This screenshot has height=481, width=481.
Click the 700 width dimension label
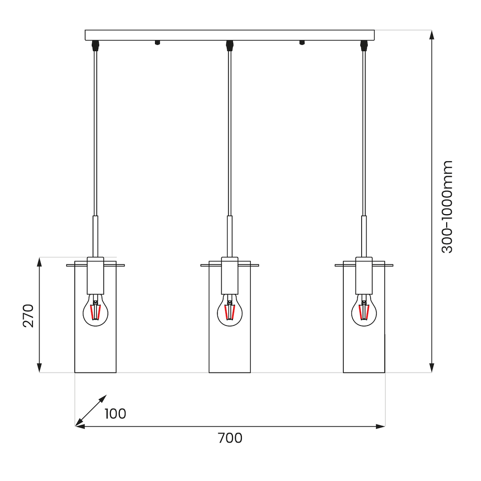coord(230,438)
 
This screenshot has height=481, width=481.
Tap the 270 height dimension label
coord(29,316)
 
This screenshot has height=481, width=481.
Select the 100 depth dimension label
coord(116,414)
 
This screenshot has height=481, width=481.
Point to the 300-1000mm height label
coord(447,207)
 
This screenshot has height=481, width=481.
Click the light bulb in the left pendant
coord(95,310)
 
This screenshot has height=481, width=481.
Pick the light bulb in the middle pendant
coord(230,310)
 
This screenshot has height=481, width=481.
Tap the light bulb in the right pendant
coord(364,310)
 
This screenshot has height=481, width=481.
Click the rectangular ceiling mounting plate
coord(230,35)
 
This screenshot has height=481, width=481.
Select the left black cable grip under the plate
coord(95,46)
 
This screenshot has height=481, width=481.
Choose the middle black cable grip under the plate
coord(230,46)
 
